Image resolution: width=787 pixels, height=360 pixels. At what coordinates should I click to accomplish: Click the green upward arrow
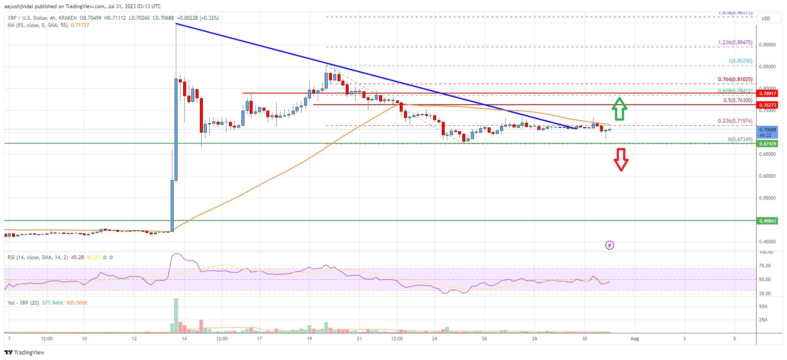coord(619,109)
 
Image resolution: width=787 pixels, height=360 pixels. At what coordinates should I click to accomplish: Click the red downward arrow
coord(621,159)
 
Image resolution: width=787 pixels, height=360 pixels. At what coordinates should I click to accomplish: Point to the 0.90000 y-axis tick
coord(768,45)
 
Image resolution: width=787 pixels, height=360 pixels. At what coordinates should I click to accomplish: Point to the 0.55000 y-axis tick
coord(768,198)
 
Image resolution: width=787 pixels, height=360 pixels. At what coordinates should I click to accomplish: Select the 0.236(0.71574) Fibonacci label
coord(735,121)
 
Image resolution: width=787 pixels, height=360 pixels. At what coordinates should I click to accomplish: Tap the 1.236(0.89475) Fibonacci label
coord(735,42)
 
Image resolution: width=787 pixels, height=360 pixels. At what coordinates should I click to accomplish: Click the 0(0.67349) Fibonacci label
coord(740,139)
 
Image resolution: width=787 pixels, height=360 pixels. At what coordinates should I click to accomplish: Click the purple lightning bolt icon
coord(609,245)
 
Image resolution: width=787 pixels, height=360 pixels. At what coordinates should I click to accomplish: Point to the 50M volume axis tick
coord(763,307)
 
